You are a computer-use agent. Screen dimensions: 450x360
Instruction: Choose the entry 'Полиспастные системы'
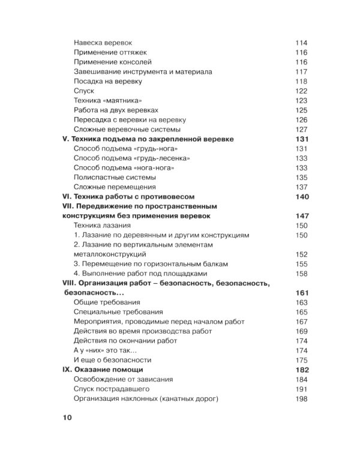pos(115,178)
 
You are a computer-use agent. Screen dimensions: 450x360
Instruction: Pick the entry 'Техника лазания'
pos(103,225)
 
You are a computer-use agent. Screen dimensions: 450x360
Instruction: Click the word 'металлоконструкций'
pos(112,254)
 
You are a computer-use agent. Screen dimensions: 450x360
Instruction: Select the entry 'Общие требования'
pos(107,302)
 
